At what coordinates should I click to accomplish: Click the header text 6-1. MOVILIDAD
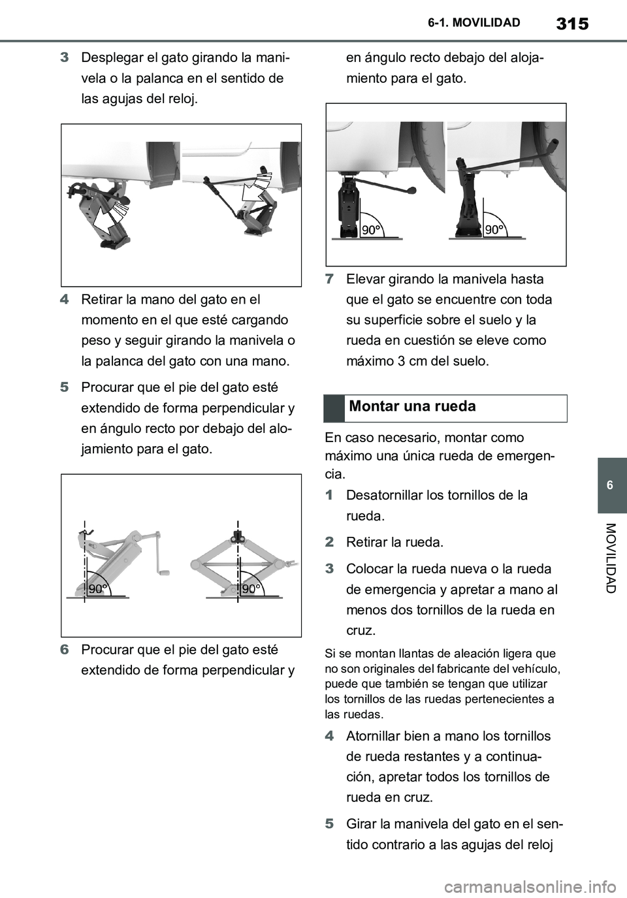(474, 24)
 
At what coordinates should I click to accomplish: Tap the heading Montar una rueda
(413, 407)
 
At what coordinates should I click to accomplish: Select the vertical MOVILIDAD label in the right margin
(610, 558)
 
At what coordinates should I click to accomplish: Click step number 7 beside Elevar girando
(329, 280)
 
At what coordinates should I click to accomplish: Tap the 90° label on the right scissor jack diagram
(251, 588)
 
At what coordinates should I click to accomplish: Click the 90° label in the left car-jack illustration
(371, 229)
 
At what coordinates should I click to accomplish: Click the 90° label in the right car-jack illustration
(494, 229)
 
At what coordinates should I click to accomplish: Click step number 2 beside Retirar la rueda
(329, 542)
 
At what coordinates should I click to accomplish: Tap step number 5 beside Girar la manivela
(329, 824)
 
